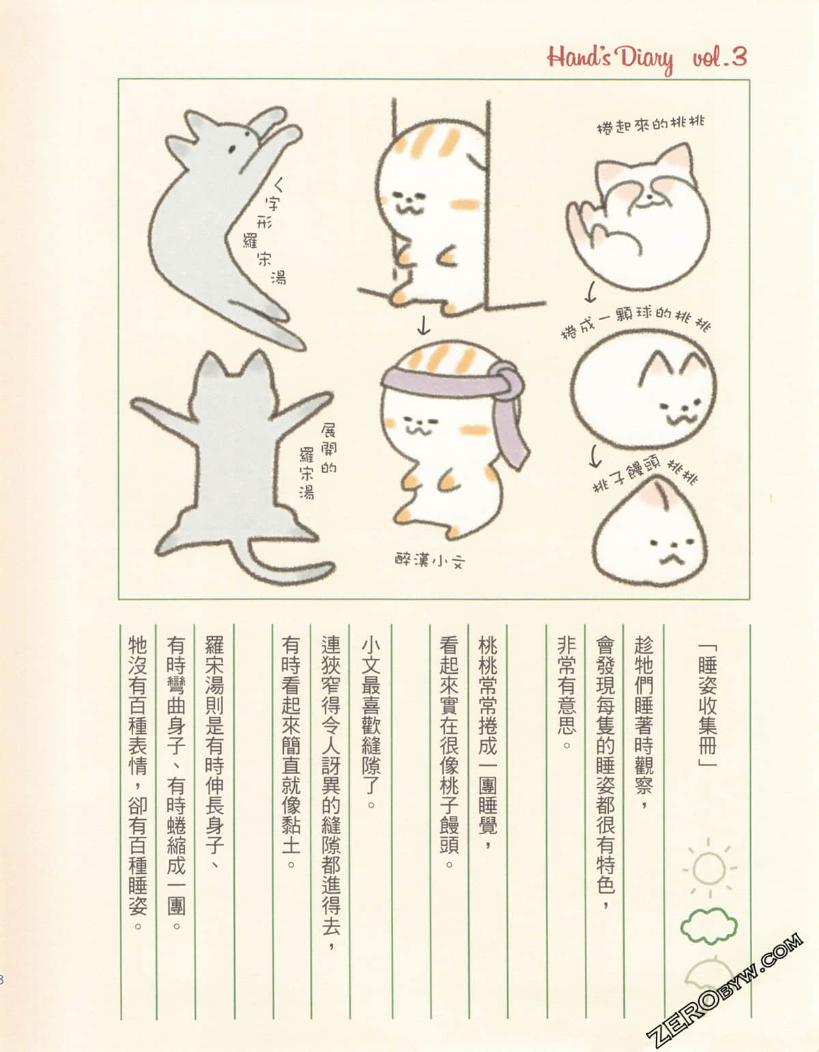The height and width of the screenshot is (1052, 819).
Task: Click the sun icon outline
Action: (x=708, y=868)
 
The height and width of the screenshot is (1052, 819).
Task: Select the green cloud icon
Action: (x=708, y=925)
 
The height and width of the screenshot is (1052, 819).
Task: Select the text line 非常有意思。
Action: (x=566, y=692)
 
